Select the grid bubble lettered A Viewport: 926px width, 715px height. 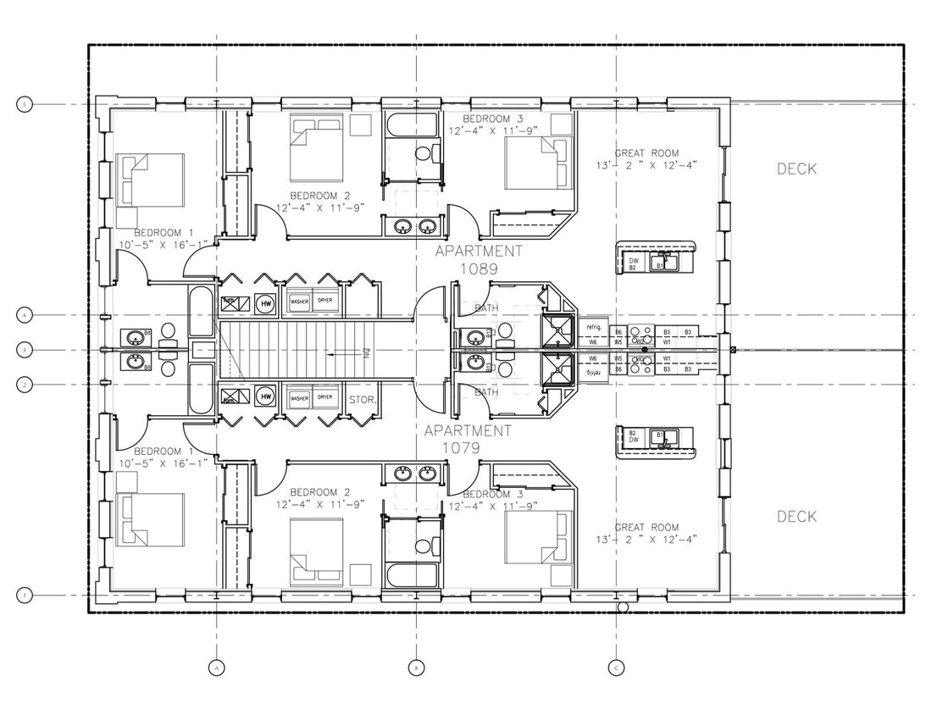(217, 668)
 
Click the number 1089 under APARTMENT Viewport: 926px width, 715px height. (478, 267)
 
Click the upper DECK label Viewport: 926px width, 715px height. (796, 169)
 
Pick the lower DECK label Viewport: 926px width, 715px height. (796, 517)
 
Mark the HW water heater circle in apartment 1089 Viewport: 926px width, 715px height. (266, 302)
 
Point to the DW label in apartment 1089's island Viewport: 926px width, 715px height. (633, 261)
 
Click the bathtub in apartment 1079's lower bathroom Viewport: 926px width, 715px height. (413, 576)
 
